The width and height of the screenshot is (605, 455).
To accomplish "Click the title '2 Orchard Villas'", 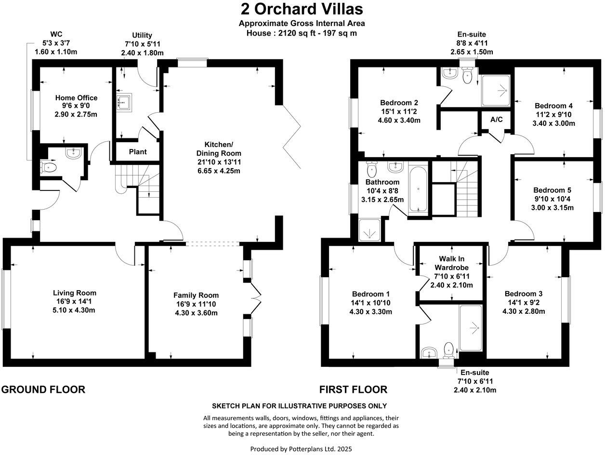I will [x=302, y=9].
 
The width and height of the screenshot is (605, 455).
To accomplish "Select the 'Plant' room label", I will [x=138, y=152].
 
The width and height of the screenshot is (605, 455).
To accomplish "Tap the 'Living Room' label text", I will [x=74, y=293].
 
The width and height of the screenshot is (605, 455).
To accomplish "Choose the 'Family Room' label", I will [x=196, y=295].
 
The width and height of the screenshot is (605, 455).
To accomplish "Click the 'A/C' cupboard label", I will [x=496, y=119].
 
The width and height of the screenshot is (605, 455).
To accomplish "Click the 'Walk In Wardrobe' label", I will [x=451, y=263].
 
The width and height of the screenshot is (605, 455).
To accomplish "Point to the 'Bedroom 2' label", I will [x=399, y=103].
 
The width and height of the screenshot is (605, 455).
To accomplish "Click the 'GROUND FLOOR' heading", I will [x=43, y=389].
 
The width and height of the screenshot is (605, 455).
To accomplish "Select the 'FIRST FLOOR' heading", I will [x=354, y=389].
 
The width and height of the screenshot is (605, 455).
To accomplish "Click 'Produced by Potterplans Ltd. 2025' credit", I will [x=301, y=448].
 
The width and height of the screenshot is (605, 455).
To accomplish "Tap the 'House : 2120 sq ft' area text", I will [x=302, y=33].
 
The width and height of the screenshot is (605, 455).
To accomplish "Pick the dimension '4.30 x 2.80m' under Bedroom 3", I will [x=524, y=311].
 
